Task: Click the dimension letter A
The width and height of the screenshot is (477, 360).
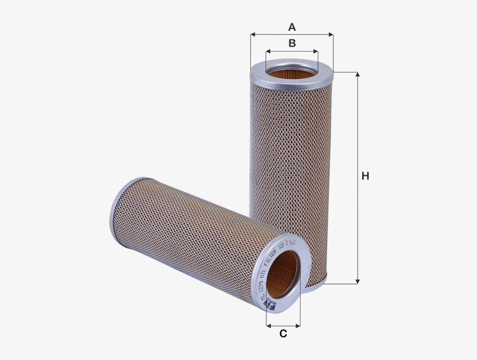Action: click(292, 27)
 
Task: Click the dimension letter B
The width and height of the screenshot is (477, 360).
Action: click(292, 43)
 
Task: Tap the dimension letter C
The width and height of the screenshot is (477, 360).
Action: click(283, 333)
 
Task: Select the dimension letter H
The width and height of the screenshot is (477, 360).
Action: click(365, 176)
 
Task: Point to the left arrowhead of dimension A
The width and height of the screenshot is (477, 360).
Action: click(252, 34)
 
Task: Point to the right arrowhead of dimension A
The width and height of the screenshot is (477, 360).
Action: click(331, 34)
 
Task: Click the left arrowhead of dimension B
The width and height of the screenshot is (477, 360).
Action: click(267, 51)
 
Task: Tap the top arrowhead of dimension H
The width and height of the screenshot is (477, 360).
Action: click(358, 74)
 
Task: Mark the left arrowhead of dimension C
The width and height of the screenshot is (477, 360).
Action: click(268, 325)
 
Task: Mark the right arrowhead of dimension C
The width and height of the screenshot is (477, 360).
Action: click(298, 325)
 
